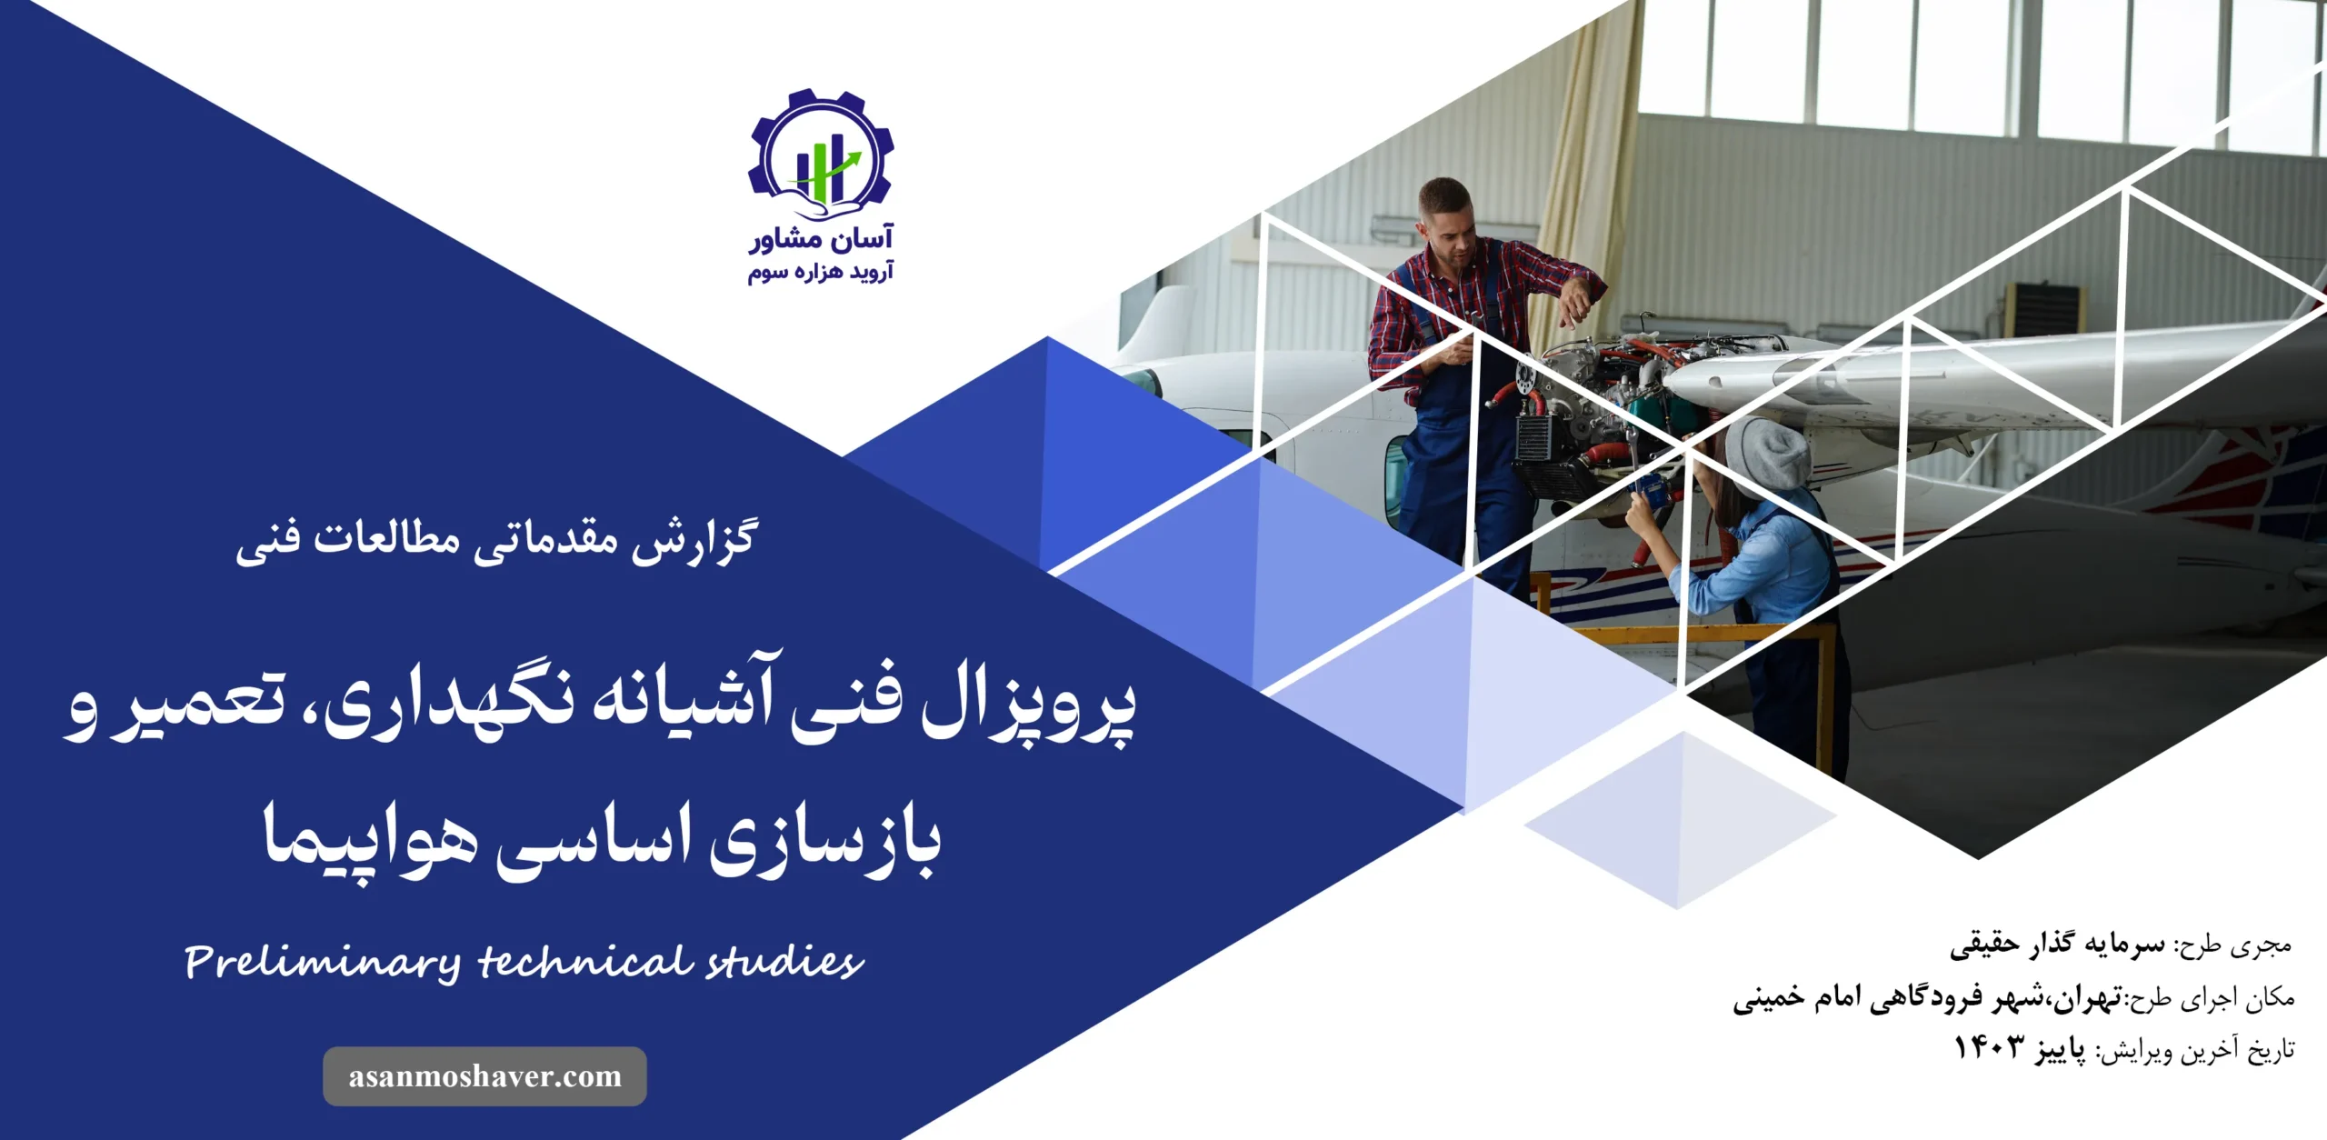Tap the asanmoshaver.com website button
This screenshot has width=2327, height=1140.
(484, 1076)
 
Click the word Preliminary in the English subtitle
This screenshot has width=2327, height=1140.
(322, 963)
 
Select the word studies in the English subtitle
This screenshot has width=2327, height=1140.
(784, 960)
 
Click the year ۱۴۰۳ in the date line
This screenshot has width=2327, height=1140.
(1990, 1047)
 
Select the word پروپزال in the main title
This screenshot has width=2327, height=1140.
(1029, 707)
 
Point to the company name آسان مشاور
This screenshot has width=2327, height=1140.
(821, 238)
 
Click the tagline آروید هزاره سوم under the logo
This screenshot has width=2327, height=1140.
(821, 272)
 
